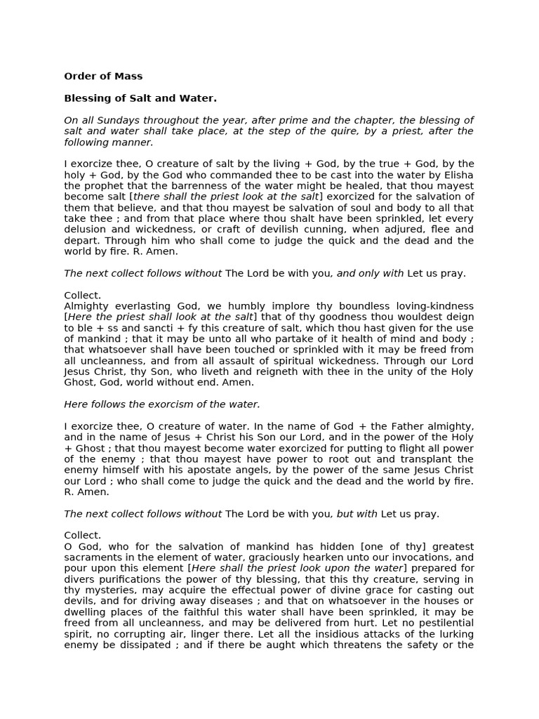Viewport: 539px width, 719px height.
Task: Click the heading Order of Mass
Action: click(x=103, y=76)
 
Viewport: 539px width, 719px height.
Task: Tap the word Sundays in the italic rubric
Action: click(x=124, y=120)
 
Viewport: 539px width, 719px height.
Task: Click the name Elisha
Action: click(x=456, y=175)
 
